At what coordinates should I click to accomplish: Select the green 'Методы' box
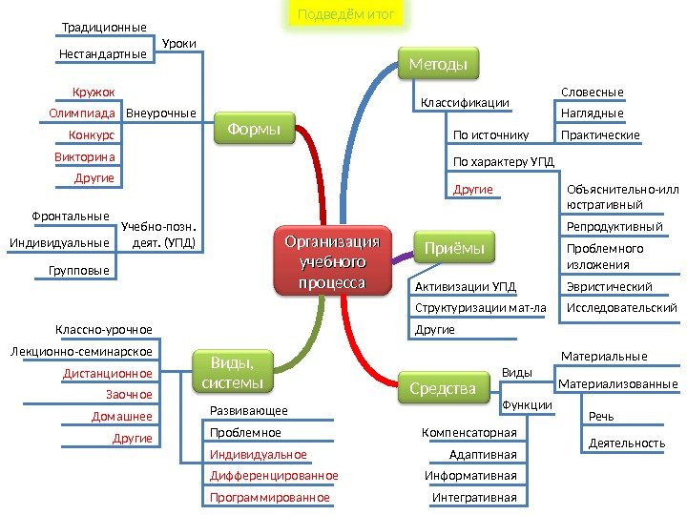point(438,65)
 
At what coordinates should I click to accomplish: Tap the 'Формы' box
point(260,128)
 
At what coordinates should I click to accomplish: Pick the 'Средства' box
point(443,388)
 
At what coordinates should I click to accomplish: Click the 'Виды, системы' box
point(232,372)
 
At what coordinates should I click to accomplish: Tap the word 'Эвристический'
point(610,287)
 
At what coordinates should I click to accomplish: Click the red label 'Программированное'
point(269,498)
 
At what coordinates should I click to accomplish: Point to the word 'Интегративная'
point(474,498)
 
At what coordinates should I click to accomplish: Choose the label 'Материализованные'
point(618,383)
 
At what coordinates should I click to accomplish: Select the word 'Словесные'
point(593,93)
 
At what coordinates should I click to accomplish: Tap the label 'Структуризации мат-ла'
point(481,308)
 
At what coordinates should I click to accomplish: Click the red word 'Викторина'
point(85,156)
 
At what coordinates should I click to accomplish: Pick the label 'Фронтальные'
point(72,216)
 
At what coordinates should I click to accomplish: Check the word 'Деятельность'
point(627,443)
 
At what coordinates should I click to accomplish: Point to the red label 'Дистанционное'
point(108,373)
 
